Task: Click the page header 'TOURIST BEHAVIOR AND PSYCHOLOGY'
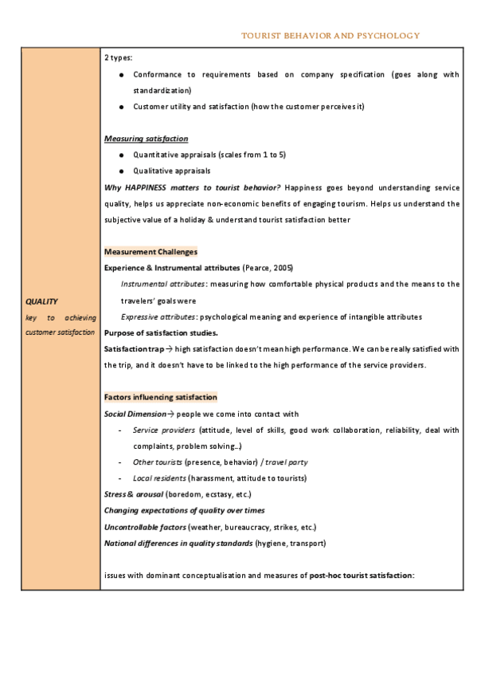(330, 35)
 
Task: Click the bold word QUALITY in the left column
(41, 301)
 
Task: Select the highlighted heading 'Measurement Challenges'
(151, 252)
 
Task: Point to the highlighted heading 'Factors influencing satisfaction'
(160, 397)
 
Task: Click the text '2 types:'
(119, 57)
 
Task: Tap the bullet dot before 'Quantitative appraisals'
(120, 155)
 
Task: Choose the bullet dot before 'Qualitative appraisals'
(120, 171)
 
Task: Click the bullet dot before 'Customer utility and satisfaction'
(120, 106)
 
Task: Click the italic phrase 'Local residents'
(158, 478)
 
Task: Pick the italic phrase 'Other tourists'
(157, 462)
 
